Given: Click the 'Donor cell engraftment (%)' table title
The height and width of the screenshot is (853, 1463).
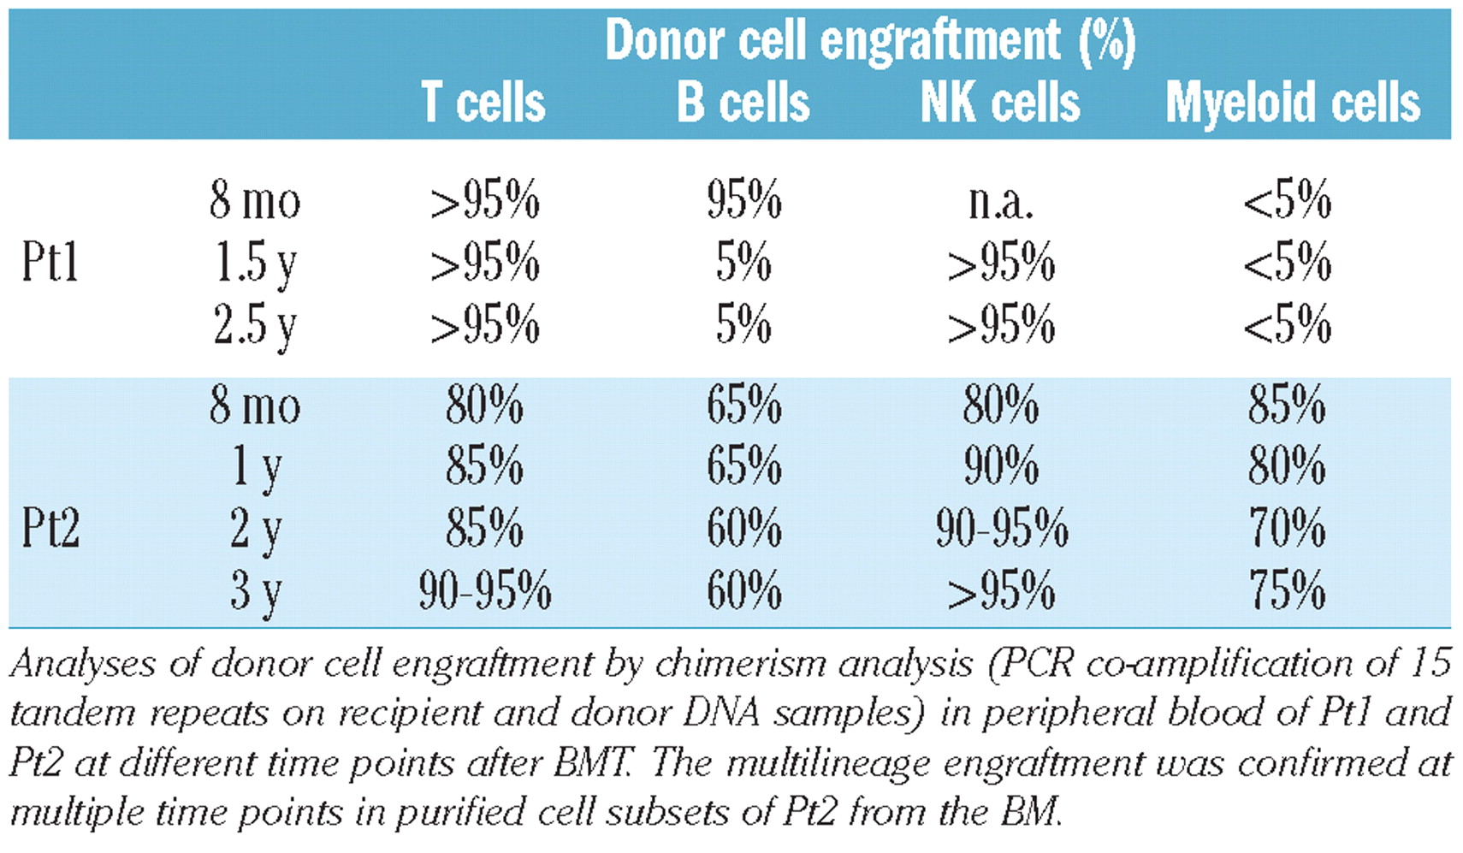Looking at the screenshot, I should tap(869, 40).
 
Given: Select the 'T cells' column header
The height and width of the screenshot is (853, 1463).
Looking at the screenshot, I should tap(483, 103).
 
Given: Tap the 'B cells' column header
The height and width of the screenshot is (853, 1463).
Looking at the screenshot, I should tap(743, 103).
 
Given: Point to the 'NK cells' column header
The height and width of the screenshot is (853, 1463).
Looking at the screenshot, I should tap(999, 103).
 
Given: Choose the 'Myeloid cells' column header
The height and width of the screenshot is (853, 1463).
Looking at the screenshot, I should tap(1292, 103).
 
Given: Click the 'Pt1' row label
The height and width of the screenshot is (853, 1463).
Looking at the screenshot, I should tap(50, 262).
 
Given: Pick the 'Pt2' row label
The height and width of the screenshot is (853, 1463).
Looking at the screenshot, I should tap(50, 528).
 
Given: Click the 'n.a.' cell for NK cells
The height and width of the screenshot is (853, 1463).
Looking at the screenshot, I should tap(1000, 201).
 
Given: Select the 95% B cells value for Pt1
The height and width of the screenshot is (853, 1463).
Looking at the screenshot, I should tap(743, 201).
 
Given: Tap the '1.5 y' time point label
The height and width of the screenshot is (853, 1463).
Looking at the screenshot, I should tap(255, 264).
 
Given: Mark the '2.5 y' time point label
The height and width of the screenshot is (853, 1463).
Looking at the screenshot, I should tap(255, 326).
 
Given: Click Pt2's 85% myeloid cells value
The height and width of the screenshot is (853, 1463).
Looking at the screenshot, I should tap(1286, 405).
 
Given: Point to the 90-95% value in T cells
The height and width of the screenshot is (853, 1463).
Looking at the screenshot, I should tap(484, 591).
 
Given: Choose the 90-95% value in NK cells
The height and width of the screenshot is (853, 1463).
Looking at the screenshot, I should tap(1001, 528).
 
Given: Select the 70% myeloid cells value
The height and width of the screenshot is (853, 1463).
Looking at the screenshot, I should tap(1286, 528).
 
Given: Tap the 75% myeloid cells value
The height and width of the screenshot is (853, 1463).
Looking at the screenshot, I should tap(1286, 591).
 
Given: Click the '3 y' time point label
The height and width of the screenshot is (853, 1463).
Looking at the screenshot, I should tap(255, 591).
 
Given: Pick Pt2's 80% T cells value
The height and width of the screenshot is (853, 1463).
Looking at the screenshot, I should tap(484, 405).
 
